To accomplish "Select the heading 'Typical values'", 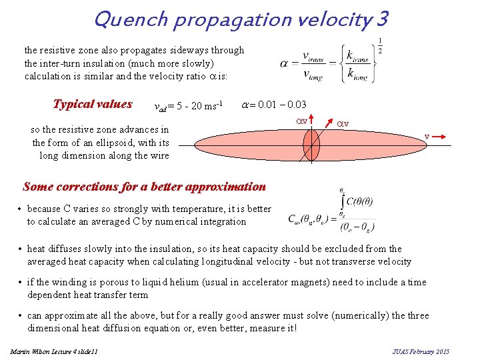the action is (93, 105).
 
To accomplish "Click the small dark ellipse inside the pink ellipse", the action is (311, 143).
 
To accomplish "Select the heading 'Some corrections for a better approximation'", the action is (144, 187).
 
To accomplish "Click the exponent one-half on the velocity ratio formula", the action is (379, 47).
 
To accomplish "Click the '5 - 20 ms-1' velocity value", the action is (203, 106).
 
